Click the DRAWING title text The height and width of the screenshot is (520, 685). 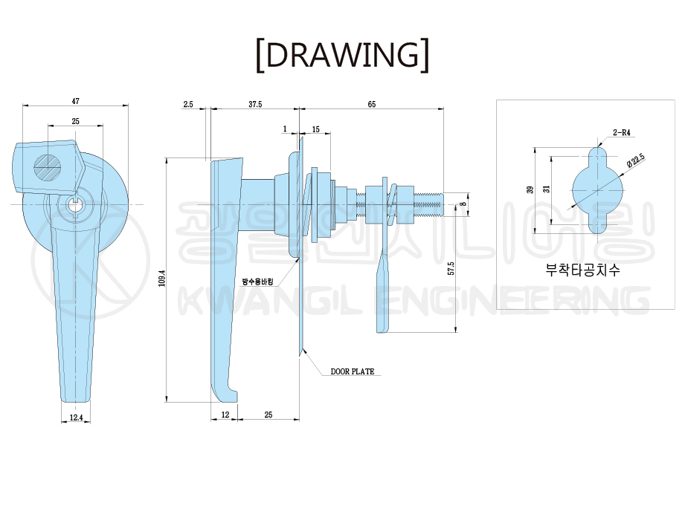coord(342,55)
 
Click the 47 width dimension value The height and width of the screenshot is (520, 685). coord(76,101)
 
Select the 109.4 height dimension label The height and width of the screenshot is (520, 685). coord(161,279)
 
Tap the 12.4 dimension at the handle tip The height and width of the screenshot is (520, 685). coord(76,417)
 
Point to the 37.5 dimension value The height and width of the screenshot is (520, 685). coord(255,104)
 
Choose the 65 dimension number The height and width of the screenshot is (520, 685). coord(372,104)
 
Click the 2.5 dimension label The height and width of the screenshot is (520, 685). coord(188,104)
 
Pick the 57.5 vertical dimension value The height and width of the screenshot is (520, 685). coord(451,268)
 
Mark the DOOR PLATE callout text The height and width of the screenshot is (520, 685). coord(353,371)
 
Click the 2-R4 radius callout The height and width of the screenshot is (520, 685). coord(622,133)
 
